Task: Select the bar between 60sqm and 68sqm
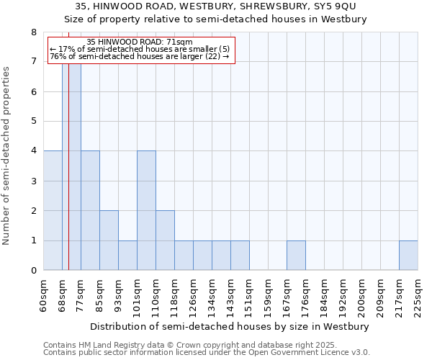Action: coord(53,210)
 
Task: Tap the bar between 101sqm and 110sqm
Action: coord(146,210)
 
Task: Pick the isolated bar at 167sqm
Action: coord(296,255)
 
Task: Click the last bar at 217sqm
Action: coord(408,255)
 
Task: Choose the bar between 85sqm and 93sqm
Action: coord(109,240)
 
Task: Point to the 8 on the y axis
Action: coord(33,32)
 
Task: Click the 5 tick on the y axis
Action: coord(33,122)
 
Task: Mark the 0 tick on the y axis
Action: coord(33,271)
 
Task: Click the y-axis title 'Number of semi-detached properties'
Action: coord(7,156)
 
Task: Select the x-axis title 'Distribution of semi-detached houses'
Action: coord(230,326)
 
